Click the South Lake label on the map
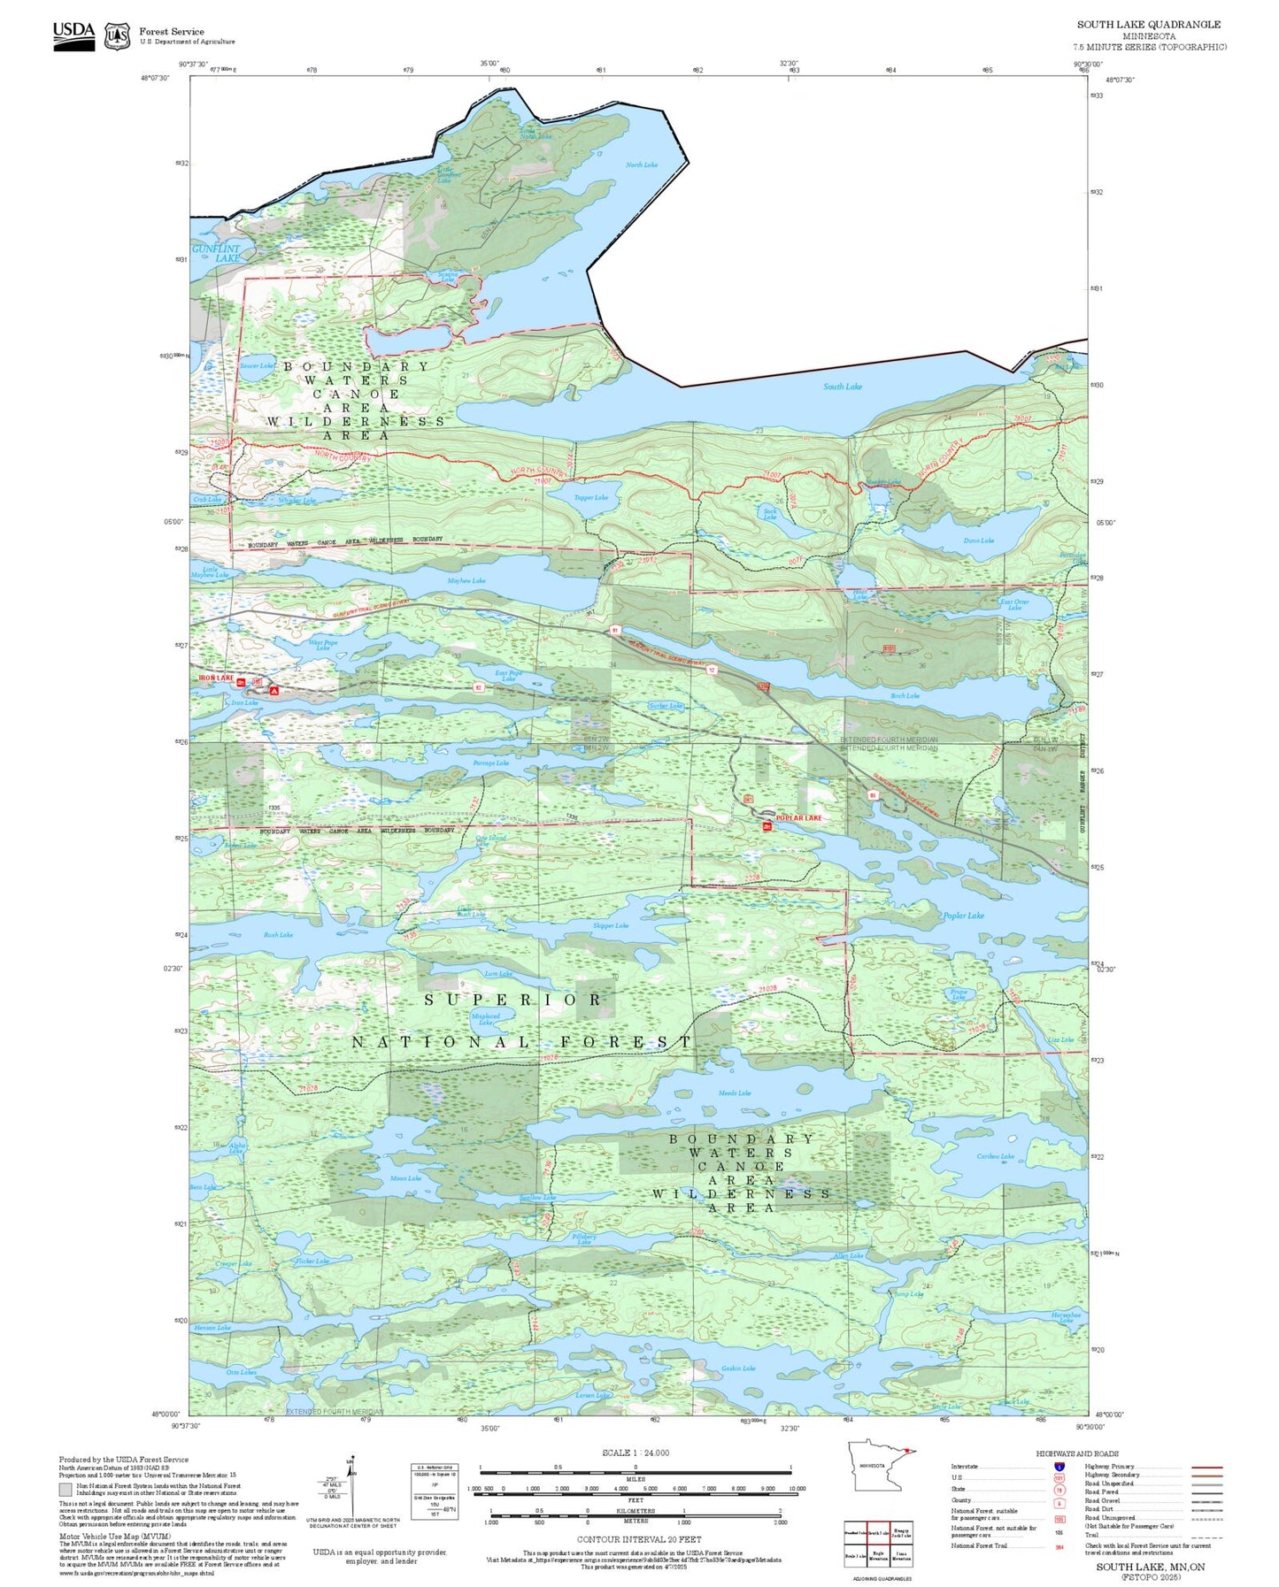tap(842, 387)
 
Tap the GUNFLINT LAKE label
tap(216, 254)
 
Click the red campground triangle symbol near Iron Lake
tap(274, 690)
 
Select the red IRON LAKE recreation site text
tap(216, 678)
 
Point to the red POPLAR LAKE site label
tap(798, 818)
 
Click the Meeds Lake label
tap(734, 1093)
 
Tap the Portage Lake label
tap(490, 763)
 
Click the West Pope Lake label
tap(322, 645)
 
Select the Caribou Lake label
tap(995, 1157)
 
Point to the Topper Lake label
tap(590, 498)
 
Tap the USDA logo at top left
tap(73, 35)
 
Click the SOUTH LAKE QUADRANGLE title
tap(1148, 25)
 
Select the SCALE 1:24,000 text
tap(635, 1453)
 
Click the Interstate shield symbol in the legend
tap(1059, 1467)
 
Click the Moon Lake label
tap(405, 1178)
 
